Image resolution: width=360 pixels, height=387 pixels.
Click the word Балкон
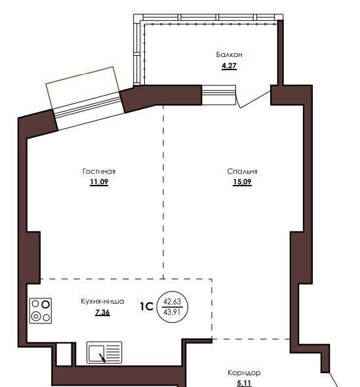click(229, 54)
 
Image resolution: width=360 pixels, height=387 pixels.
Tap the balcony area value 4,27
click(229, 66)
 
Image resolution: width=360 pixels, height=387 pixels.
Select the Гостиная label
click(99, 171)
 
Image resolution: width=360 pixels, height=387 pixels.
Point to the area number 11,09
click(99, 182)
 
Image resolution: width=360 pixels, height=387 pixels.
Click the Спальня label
click(242, 171)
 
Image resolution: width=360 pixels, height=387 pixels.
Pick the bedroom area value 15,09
click(243, 182)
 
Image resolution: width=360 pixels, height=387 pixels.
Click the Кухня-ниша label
click(102, 301)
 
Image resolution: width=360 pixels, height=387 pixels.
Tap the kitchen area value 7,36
click(102, 312)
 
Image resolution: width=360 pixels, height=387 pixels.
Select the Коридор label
click(244, 373)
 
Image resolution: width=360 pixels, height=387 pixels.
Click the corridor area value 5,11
click(244, 383)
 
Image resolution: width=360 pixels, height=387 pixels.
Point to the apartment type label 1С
click(147, 306)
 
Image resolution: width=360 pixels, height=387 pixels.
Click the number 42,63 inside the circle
click(172, 301)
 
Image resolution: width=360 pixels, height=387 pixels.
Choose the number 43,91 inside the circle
click(172, 312)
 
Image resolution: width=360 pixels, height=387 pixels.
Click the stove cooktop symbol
click(41, 311)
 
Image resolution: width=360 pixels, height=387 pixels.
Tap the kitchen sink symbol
click(104, 352)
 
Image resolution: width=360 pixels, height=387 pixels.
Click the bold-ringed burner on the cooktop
click(46, 304)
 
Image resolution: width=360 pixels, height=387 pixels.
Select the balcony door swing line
click(255, 100)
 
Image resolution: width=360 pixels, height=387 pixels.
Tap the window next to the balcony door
click(218, 95)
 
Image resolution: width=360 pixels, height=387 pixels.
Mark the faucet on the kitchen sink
click(102, 357)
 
